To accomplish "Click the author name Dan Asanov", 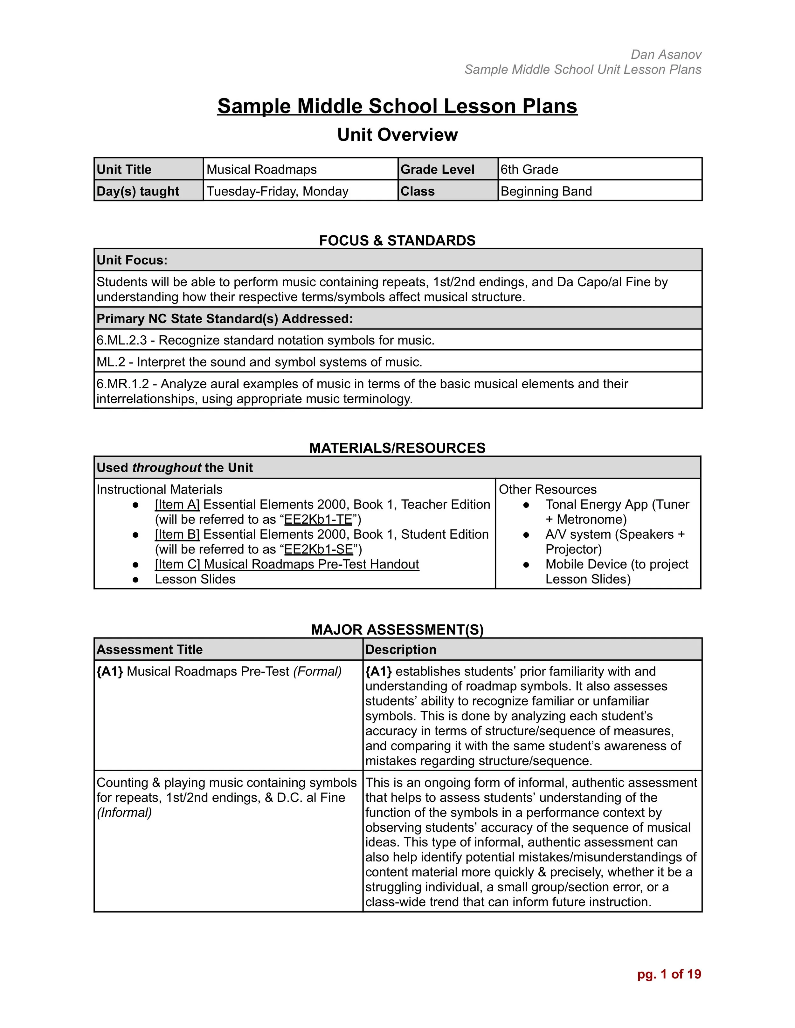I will [x=666, y=55].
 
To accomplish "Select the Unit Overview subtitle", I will [x=397, y=135].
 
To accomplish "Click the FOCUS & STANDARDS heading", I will [x=397, y=241].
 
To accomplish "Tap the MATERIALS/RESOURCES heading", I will [x=397, y=448].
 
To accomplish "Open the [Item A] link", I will [x=177, y=505].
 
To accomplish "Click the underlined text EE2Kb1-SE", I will [x=318, y=549].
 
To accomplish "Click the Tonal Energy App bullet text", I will [x=617, y=505].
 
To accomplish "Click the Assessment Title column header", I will [x=149, y=650].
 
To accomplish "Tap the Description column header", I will [x=400, y=650].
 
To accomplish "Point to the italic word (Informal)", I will [x=124, y=813].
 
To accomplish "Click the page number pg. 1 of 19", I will [x=669, y=974].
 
